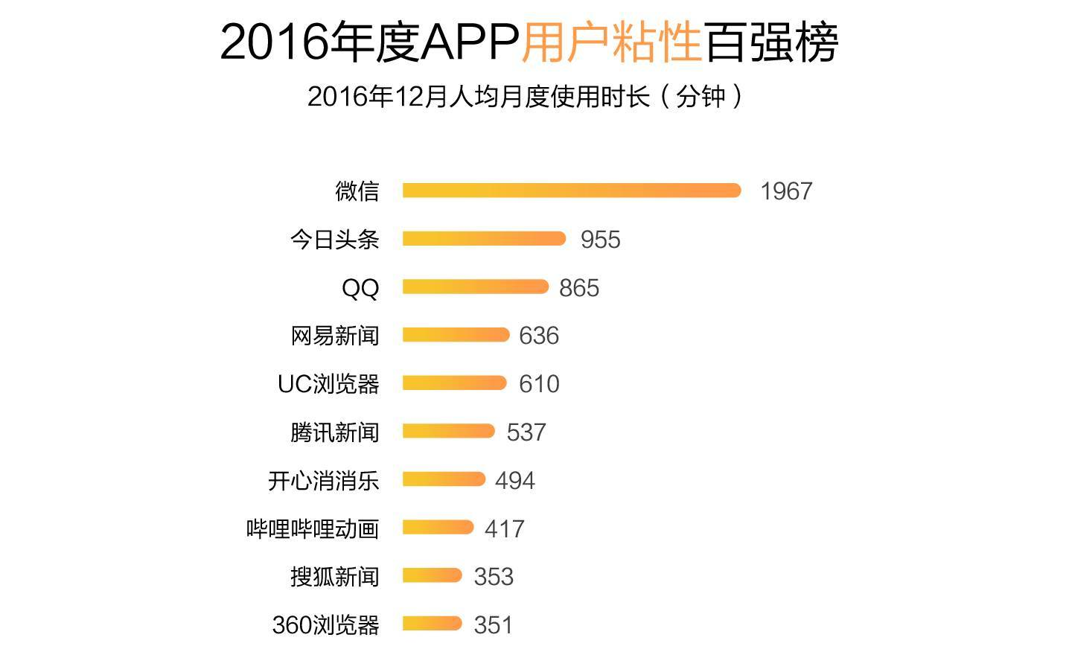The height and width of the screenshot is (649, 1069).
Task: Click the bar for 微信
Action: point(571,191)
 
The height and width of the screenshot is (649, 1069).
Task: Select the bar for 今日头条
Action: point(484,239)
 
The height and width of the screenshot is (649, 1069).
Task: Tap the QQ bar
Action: point(475,287)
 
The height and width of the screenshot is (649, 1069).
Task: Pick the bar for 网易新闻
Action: point(456,335)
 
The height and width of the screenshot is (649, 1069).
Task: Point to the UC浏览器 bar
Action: point(454,383)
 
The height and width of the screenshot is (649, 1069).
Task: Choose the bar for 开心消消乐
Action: point(444,479)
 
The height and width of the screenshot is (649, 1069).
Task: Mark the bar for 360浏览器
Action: point(433,624)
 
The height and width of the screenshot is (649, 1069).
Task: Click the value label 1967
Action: point(785,191)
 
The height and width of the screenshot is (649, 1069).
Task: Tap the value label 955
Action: point(600,240)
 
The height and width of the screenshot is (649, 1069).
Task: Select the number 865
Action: point(578,288)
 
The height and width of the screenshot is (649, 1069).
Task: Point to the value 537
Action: point(526,432)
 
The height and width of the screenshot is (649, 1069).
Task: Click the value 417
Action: point(504,529)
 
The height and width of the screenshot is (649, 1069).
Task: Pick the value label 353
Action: point(493,577)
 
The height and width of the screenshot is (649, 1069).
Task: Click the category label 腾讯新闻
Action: point(334,432)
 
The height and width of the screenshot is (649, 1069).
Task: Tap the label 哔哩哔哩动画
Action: point(313,529)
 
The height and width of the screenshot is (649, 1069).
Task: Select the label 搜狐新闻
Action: point(334,577)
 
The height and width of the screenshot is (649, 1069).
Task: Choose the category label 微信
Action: point(357,191)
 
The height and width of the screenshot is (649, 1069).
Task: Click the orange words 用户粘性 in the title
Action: point(611,42)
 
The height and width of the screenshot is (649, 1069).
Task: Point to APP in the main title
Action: point(470,42)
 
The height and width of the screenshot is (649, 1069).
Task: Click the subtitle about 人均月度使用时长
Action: point(525,97)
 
